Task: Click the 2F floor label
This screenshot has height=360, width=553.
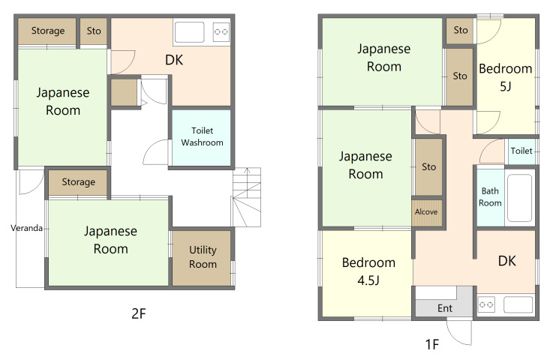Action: (x=139, y=313)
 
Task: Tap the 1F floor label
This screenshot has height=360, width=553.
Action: (x=432, y=344)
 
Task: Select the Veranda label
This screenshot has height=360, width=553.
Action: (x=26, y=228)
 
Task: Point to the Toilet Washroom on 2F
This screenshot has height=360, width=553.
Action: (x=201, y=137)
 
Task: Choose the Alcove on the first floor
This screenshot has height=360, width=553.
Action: (x=427, y=213)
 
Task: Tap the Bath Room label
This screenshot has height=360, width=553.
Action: (x=490, y=196)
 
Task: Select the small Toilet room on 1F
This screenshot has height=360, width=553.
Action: (x=521, y=151)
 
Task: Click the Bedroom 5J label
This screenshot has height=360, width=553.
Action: (x=506, y=77)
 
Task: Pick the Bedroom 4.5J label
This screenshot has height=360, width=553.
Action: (x=368, y=271)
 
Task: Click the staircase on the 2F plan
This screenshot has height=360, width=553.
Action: (x=246, y=197)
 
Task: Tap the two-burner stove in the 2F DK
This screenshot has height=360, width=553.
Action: (x=221, y=32)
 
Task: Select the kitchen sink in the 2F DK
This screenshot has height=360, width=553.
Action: (x=190, y=32)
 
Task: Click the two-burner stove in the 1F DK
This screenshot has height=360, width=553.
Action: (x=486, y=304)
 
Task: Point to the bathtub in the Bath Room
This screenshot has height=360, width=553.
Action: (x=519, y=198)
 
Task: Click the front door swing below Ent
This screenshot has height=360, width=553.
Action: (x=459, y=331)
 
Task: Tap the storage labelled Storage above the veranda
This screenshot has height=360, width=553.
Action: (x=78, y=182)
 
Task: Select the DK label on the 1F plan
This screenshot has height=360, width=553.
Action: (x=506, y=261)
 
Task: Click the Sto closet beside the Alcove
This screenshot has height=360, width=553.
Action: (x=428, y=166)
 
